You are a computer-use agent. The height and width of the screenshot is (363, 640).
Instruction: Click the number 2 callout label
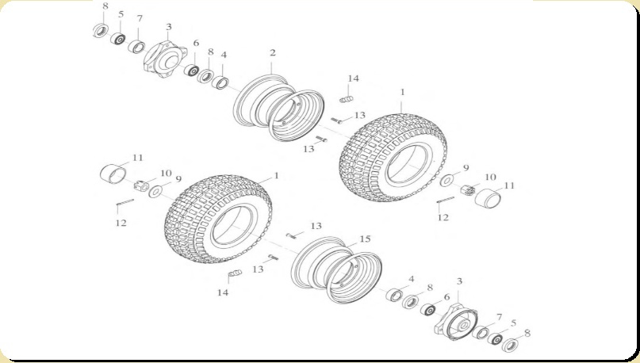[273, 52]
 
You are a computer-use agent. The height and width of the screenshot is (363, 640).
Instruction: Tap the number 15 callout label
[365, 239]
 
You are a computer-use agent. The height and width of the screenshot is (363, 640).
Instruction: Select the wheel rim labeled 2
[279, 107]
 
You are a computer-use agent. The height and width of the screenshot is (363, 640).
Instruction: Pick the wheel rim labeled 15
[337, 270]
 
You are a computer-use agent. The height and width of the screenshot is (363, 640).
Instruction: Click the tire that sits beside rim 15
[218, 219]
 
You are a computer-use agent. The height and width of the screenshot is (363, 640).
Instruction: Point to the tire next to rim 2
[393, 158]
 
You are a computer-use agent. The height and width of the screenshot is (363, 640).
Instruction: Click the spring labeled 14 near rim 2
[346, 99]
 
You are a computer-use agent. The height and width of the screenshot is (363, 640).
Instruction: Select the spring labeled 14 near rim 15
[235, 273]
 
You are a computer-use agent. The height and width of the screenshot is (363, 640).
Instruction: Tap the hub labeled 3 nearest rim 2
[164, 59]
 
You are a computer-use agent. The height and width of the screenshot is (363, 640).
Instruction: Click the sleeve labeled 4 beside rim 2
[220, 82]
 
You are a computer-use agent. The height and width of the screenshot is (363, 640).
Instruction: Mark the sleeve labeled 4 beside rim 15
[395, 295]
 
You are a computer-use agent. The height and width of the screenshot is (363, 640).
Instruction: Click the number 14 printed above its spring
[353, 78]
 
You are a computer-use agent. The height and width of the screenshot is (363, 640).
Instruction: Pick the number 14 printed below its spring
[222, 292]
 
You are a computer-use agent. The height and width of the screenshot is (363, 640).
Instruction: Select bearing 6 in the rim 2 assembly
[191, 70]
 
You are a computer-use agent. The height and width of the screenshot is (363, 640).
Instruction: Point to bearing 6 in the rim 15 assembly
[428, 310]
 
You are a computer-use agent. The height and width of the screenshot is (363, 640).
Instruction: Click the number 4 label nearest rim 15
[412, 279]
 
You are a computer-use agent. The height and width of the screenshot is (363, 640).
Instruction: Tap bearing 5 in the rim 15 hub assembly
[496, 338]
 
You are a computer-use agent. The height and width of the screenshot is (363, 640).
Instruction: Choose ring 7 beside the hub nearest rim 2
[136, 46]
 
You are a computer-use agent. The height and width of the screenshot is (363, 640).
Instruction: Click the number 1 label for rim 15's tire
[276, 176]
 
